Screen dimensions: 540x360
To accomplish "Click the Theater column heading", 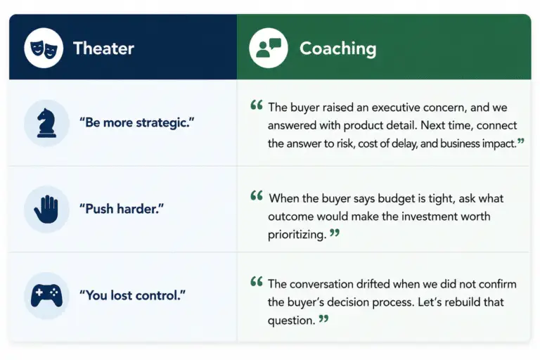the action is pyautogui.click(x=103, y=49).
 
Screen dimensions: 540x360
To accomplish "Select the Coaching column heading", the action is pyautogui.click(x=337, y=49).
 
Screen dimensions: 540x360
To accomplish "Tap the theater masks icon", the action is pyautogui.click(x=44, y=49).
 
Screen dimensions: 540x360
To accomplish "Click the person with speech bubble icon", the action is pyautogui.click(x=269, y=48).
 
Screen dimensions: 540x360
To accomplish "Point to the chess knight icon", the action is pyautogui.click(x=46, y=123).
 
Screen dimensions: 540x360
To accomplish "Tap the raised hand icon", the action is pyautogui.click(x=46, y=209).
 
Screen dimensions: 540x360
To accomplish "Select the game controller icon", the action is pyautogui.click(x=46, y=295).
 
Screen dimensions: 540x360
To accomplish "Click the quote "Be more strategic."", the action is pyautogui.click(x=136, y=122).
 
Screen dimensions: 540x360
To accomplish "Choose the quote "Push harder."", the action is pyautogui.click(x=122, y=209).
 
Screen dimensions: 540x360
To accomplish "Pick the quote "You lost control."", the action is pyautogui.click(x=132, y=295).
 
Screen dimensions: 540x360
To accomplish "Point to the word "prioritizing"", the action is pyautogui.click(x=297, y=235).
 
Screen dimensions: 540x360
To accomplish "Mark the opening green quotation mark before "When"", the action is pyautogui.click(x=257, y=195).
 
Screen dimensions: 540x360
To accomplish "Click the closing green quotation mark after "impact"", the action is pyautogui.click(x=521, y=141).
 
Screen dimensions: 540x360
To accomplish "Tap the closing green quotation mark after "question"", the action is pyautogui.click(x=323, y=319).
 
